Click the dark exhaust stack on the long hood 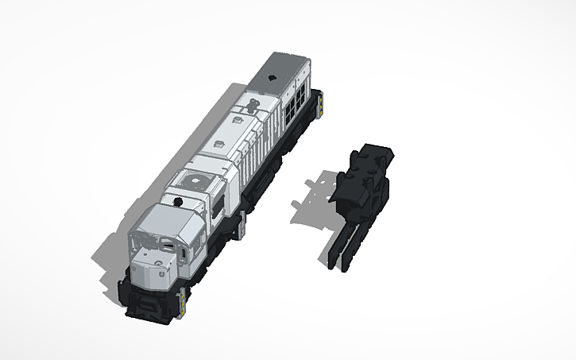[251, 105]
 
